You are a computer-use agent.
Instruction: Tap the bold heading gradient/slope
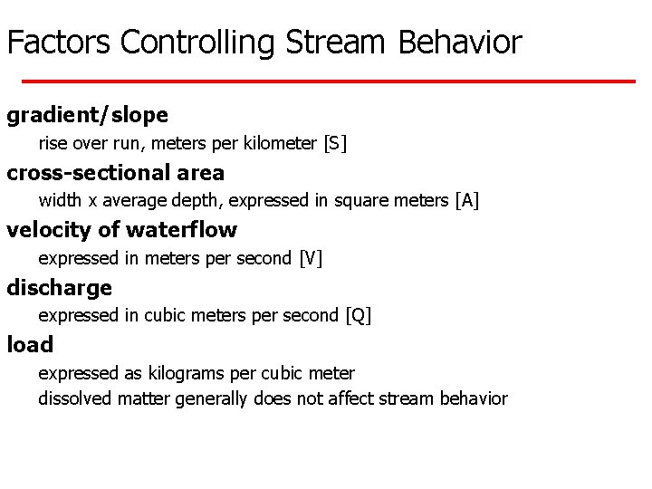[88, 116]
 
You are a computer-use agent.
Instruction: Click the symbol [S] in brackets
[335, 143]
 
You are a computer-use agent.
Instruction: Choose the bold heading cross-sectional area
[116, 173]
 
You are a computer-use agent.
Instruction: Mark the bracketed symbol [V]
[311, 258]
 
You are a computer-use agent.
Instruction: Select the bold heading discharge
[60, 288]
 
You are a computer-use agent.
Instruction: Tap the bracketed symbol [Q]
[359, 315]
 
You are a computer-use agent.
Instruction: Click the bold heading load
[30, 345]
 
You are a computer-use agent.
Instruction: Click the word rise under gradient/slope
[52, 143]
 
